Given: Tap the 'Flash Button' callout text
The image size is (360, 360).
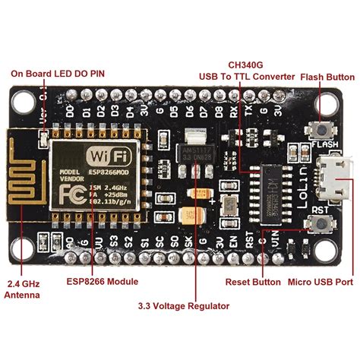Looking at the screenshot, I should [327, 77].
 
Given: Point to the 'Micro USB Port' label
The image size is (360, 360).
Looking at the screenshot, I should [321, 282].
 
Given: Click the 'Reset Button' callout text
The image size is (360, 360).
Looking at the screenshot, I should [253, 282].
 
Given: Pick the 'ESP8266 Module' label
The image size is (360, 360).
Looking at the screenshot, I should [101, 282].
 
